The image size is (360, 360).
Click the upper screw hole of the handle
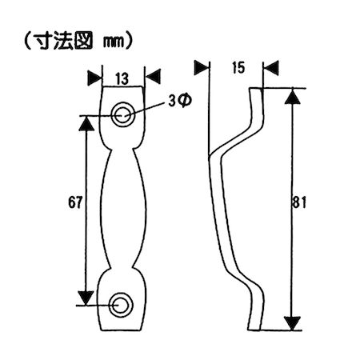tap(123, 113)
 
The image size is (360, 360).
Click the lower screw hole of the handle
tap(122, 304)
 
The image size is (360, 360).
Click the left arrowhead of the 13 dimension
tap(94, 77)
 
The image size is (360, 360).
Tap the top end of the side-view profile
tap(256, 90)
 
